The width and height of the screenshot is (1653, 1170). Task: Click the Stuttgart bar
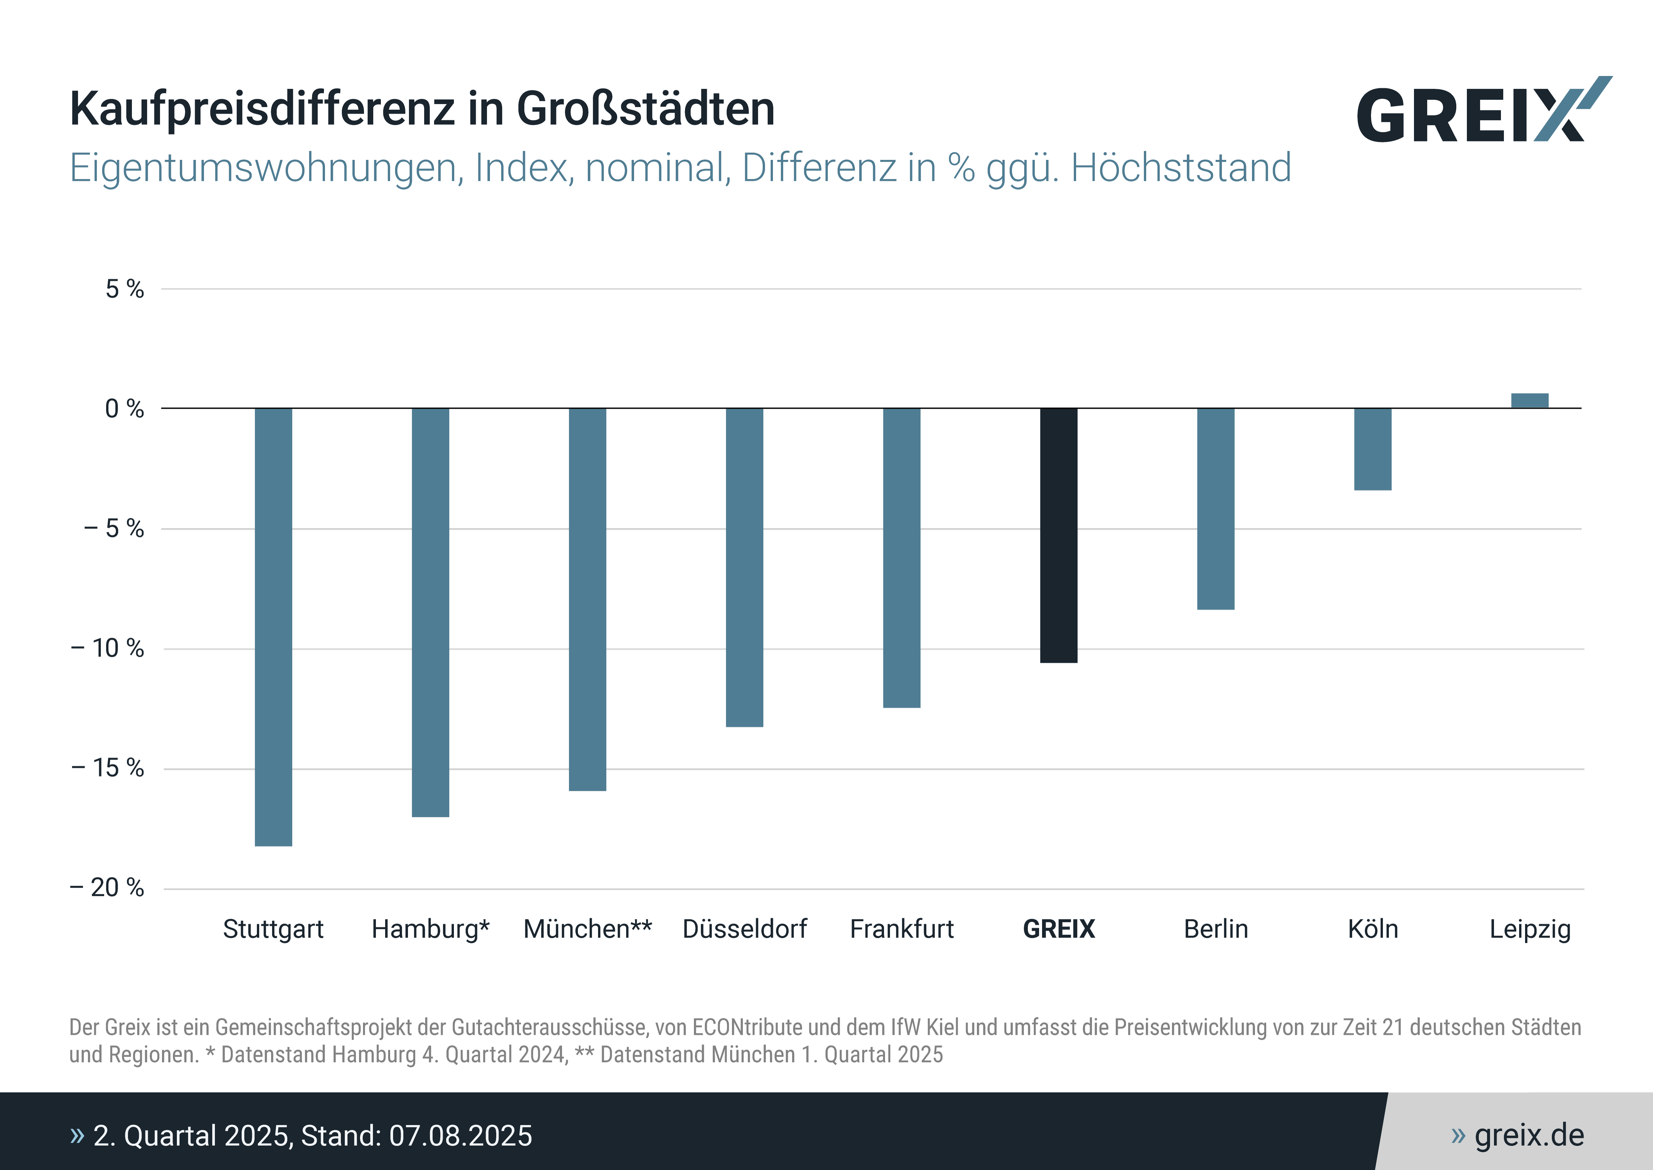(273, 627)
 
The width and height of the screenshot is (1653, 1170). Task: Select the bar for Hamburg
(430, 612)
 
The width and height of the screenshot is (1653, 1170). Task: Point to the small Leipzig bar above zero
(1530, 401)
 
